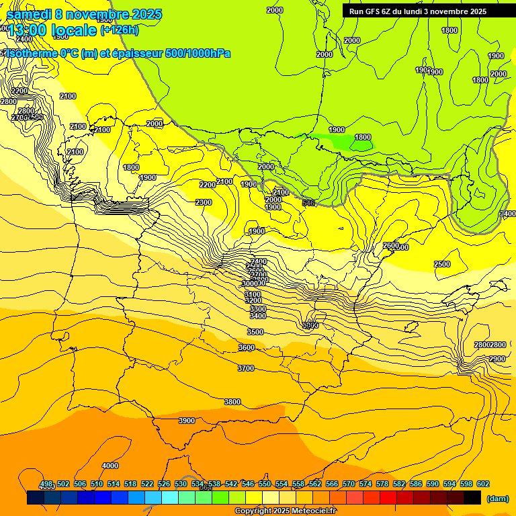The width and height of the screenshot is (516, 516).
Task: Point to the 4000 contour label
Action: point(110,466)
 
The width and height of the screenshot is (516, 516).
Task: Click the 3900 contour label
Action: point(186,421)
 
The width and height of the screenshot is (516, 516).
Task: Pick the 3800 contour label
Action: point(232,402)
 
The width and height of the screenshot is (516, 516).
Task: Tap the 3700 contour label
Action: point(246,368)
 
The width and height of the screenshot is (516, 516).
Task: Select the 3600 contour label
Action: point(247,347)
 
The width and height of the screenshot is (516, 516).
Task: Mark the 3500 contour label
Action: point(255,332)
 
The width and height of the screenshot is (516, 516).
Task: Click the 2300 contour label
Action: point(203,202)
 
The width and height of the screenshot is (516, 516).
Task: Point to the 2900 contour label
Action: point(497,359)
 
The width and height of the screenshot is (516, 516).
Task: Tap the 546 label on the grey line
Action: point(308,203)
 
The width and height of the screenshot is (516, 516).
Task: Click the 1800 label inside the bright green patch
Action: point(362,137)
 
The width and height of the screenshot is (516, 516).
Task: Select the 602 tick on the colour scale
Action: point(482,484)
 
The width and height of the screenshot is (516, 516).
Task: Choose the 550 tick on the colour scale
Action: point(264,484)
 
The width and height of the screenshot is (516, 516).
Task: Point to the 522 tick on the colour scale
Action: point(147,484)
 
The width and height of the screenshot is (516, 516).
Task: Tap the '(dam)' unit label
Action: point(497,498)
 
